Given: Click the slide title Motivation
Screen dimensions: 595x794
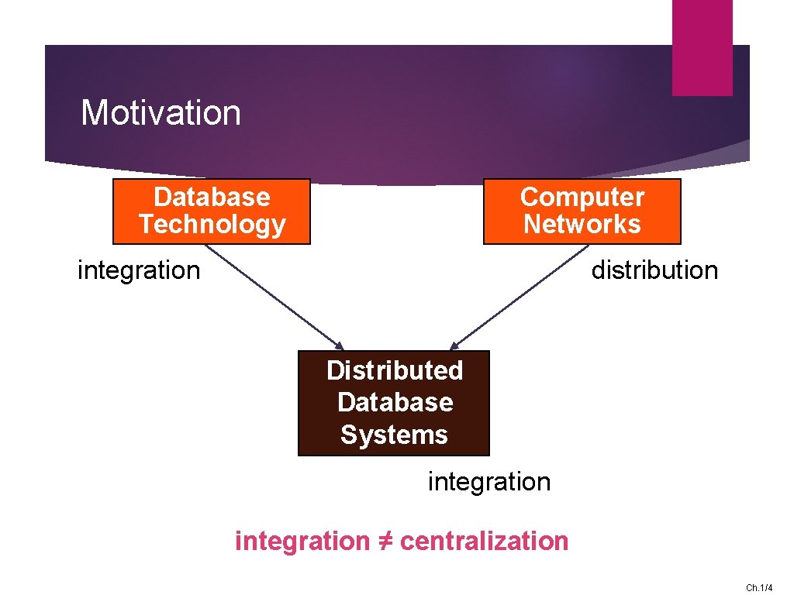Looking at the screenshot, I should (161, 113).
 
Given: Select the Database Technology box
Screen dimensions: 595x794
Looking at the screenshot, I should (212, 212).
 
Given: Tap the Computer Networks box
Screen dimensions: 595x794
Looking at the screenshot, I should (582, 212).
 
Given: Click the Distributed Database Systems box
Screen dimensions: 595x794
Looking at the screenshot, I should (394, 403).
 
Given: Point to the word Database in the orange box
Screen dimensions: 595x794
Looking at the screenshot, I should (212, 198).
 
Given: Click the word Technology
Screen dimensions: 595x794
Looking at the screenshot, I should (212, 225).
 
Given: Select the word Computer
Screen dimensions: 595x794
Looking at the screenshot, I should (582, 198).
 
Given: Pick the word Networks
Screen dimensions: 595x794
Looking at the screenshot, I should (582, 225).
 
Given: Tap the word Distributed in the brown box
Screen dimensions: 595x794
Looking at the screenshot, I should (394, 371).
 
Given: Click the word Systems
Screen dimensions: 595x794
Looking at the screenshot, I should (394, 435).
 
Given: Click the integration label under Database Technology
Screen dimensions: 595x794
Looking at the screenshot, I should (139, 270).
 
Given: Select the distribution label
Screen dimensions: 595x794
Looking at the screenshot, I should (654, 270).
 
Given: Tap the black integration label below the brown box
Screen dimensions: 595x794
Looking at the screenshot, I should (489, 482).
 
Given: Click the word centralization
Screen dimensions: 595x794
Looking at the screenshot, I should (484, 541).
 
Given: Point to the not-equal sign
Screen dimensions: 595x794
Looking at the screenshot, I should (385, 541).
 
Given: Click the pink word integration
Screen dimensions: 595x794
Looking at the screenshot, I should (302, 541).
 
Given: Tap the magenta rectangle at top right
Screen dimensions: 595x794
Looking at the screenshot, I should (702, 47).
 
